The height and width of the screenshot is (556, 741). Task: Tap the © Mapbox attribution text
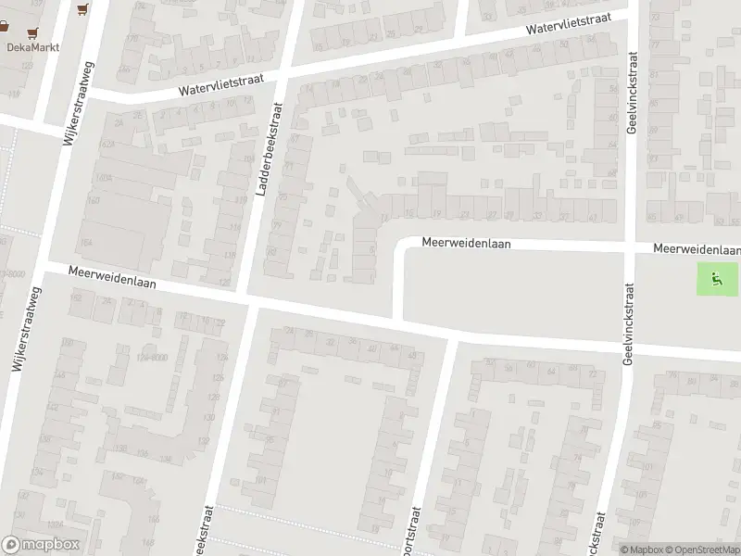click(x=641, y=550)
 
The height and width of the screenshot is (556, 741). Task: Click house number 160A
click(x=104, y=177)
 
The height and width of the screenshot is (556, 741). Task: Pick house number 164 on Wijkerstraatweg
click(x=86, y=243)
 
